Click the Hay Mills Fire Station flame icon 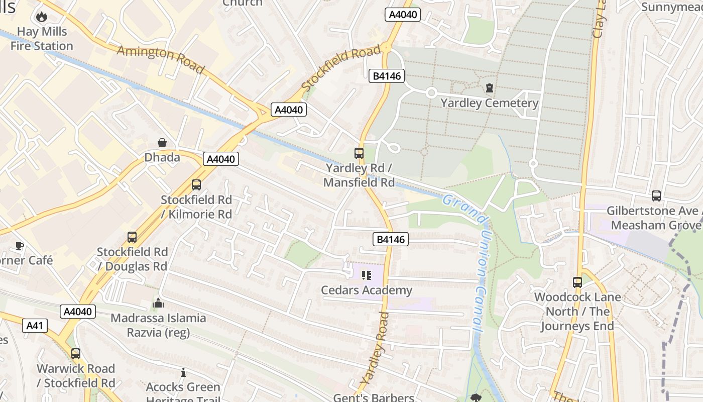(x=41, y=17)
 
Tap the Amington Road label (x=161, y=59)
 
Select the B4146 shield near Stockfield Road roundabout (x=386, y=76)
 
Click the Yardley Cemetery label (x=489, y=104)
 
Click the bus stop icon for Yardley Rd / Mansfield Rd (x=359, y=153)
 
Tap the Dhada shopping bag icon (x=162, y=143)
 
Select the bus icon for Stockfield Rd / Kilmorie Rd (x=196, y=185)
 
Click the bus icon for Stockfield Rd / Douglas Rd (x=132, y=237)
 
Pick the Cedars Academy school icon (x=366, y=275)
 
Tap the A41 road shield (x=35, y=326)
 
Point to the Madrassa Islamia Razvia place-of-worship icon (x=158, y=303)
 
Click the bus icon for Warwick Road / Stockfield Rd (x=75, y=354)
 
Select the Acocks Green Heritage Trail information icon (x=183, y=373)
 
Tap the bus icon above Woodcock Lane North (x=577, y=282)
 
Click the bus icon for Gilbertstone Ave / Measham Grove (x=656, y=196)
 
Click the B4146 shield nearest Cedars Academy (x=390, y=239)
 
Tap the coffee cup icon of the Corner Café (x=19, y=246)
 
